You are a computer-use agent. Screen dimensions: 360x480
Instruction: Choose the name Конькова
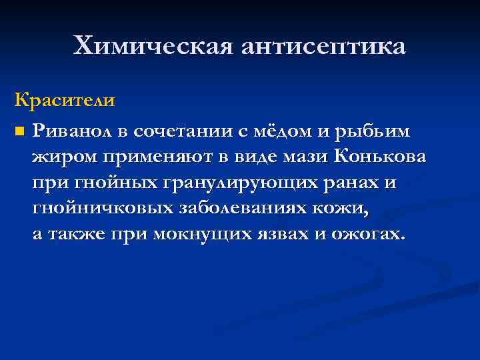[x=381, y=157]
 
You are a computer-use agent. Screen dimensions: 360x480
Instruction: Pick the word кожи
[x=345, y=208]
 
